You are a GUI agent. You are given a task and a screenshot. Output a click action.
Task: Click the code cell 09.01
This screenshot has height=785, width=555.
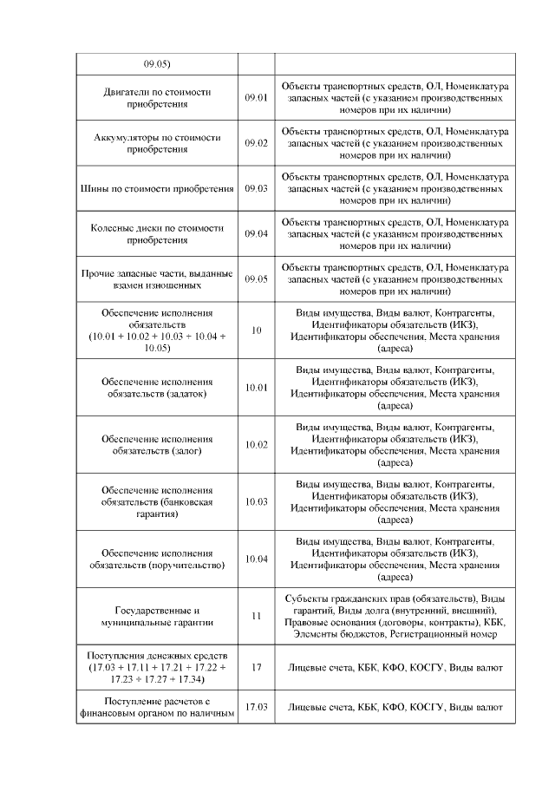tap(256, 98)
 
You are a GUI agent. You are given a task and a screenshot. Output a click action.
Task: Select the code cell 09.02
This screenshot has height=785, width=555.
tap(256, 143)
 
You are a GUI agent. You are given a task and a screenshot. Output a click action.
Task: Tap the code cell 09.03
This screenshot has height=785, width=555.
tap(256, 188)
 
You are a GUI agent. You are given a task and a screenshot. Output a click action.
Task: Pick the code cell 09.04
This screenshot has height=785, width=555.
tap(256, 233)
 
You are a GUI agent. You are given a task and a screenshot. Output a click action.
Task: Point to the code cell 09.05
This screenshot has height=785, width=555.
tap(256, 278)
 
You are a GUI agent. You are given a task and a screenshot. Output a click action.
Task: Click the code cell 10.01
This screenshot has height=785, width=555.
tap(256, 387)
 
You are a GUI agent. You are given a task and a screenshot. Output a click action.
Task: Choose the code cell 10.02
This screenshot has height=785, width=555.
tap(256, 444)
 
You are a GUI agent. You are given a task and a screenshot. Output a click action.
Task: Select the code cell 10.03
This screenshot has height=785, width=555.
tap(256, 501)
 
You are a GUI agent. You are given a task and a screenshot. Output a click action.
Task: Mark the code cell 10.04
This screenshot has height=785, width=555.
tap(256, 559)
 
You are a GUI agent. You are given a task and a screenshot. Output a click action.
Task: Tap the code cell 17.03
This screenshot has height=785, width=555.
tap(256, 707)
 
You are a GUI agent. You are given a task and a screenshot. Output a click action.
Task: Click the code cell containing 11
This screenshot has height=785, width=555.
tap(256, 616)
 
